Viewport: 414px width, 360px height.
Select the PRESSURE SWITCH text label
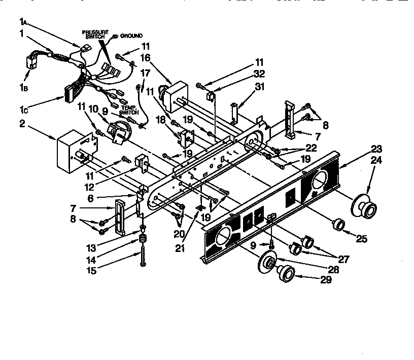(x=95, y=34)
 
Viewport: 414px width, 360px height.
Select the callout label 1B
(x=23, y=88)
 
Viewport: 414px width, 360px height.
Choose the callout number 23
(x=376, y=149)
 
